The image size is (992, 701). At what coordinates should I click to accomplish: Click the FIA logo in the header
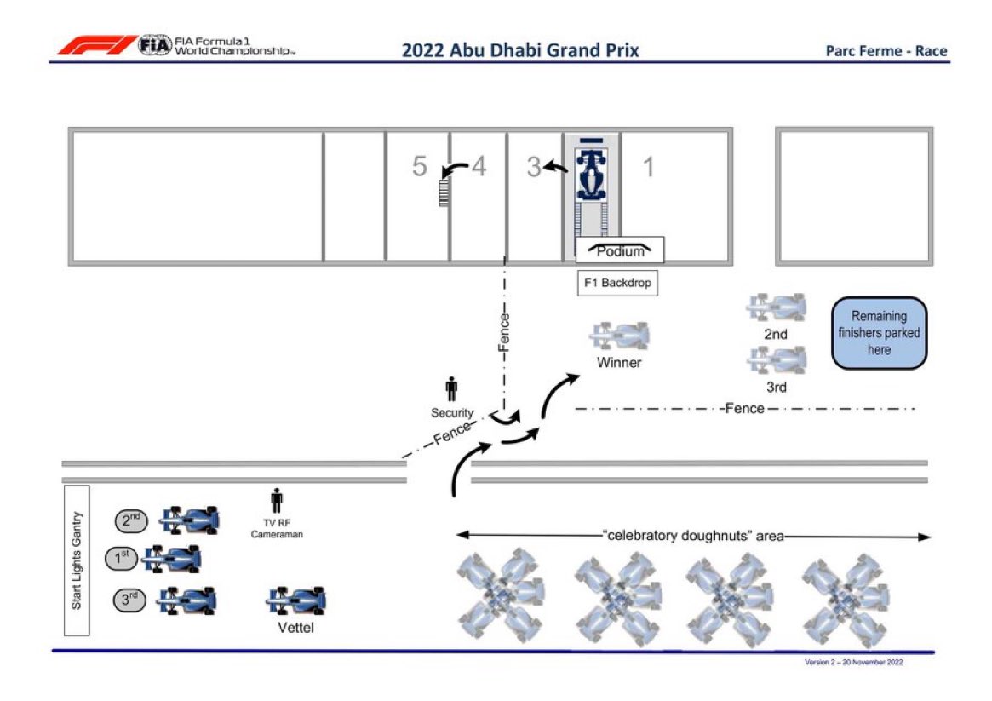(x=155, y=45)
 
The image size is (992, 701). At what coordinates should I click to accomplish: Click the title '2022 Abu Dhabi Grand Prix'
(x=520, y=50)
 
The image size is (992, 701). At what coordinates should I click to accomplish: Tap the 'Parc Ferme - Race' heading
(x=886, y=50)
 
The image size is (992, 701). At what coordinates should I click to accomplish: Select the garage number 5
(x=419, y=166)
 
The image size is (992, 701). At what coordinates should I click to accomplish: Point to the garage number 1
(x=649, y=167)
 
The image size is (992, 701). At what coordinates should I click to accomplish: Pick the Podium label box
(x=620, y=250)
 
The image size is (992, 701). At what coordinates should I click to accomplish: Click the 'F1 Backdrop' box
(x=617, y=283)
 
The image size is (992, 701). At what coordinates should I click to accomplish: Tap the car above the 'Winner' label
(x=619, y=336)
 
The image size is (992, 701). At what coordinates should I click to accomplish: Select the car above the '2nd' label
(x=776, y=307)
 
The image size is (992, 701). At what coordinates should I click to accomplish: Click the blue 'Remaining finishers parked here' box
(x=879, y=333)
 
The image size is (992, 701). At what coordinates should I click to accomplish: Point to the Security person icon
(x=451, y=389)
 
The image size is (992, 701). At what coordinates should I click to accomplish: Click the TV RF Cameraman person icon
(x=277, y=501)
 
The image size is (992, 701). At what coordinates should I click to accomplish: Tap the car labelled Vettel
(x=296, y=600)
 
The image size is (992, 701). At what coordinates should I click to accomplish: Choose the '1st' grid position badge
(x=122, y=559)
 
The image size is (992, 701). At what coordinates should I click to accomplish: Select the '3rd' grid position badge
(x=129, y=600)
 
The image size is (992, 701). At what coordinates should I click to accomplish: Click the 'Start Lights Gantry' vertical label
(x=77, y=560)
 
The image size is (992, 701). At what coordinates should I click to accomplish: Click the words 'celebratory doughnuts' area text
(x=694, y=536)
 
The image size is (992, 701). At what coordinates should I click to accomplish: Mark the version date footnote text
(x=853, y=663)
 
